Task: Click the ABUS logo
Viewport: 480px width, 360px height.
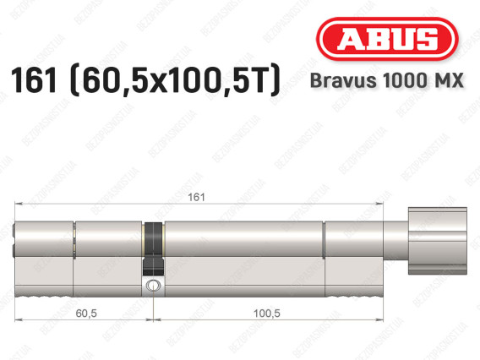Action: [x=387, y=39]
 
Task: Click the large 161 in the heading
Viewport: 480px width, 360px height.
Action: [x=34, y=80]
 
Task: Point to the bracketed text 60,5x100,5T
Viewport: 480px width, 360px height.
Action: [x=175, y=80]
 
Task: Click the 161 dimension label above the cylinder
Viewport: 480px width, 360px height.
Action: [x=196, y=197]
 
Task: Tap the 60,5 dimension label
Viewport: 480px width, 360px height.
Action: [x=86, y=314]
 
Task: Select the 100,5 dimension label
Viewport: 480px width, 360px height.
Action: [x=267, y=314]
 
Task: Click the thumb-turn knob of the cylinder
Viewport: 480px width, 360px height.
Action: [x=438, y=241]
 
